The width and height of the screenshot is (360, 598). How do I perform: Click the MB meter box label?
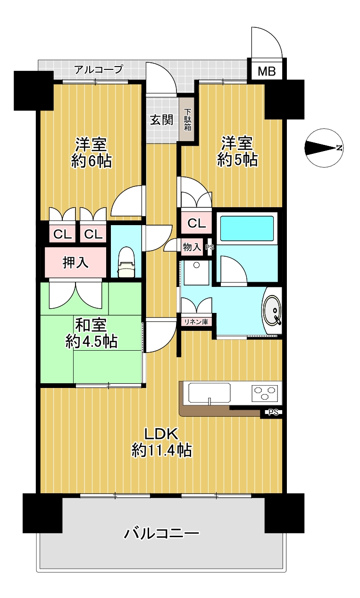pos(267,71)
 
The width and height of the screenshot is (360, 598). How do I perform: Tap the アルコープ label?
pos(99,69)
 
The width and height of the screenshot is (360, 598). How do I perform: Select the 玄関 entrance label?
pos(162,120)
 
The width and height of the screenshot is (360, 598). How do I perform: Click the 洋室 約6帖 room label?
pos(91,152)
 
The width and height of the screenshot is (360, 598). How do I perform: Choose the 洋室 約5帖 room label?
pos(237,152)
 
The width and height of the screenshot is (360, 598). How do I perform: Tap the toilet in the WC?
pos(126,262)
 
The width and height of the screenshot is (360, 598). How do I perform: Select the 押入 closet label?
pos(75,262)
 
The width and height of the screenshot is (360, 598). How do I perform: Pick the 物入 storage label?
pos(192,247)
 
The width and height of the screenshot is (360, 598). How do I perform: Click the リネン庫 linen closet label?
pos(196,322)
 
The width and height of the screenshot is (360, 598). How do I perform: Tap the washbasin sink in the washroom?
pos(272,311)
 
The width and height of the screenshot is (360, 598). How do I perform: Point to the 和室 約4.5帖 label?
pos(91,333)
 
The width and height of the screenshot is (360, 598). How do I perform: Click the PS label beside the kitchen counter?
pos(273,412)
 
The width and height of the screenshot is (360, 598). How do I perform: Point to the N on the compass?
pos(339,148)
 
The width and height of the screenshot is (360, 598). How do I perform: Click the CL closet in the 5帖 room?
pos(196,223)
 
